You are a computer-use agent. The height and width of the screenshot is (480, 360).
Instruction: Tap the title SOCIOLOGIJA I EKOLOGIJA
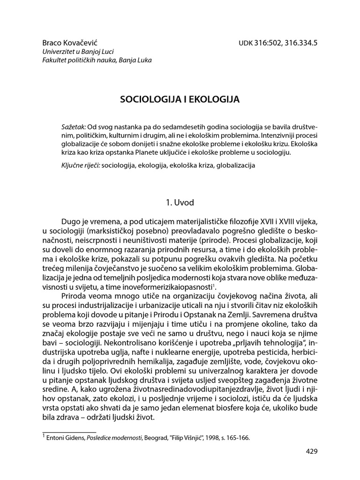[x=180, y=99]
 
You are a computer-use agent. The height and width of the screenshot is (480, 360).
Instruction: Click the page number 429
[x=311, y=452]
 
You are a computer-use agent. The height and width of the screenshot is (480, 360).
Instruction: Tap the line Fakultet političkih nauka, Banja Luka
[x=97, y=60]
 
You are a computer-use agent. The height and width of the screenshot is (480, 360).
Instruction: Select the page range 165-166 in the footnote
[x=238, y=439]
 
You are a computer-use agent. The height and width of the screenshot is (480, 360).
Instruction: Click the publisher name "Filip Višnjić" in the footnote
[x=183, y=439]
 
